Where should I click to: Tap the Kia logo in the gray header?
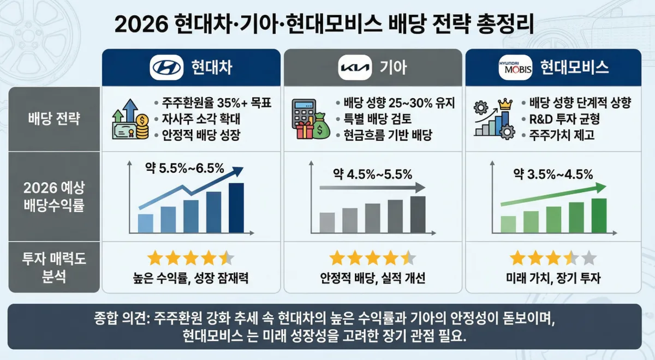pyautogui.click(x=355, y=68)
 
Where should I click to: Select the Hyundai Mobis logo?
pyautogui.click(x=515, y=68)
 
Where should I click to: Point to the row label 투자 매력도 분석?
pyautogui.click(x=55, y=267)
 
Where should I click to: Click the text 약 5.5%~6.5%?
pyautogui.click(x=184, y=168)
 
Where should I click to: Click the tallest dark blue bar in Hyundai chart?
pyautogui.click(x=236, y=208)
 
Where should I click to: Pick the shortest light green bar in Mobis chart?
pyautogui.click(x=508, y=224)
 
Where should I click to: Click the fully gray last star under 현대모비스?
pyautogui.click(x=588, y=258)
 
